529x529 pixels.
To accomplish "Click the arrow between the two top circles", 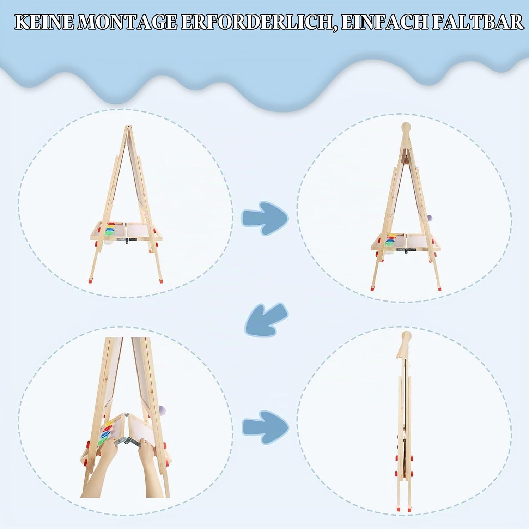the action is click(265, 218).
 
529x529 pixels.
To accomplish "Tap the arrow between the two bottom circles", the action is click(265, 427).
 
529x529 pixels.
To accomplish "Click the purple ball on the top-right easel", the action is click(430, 218).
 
